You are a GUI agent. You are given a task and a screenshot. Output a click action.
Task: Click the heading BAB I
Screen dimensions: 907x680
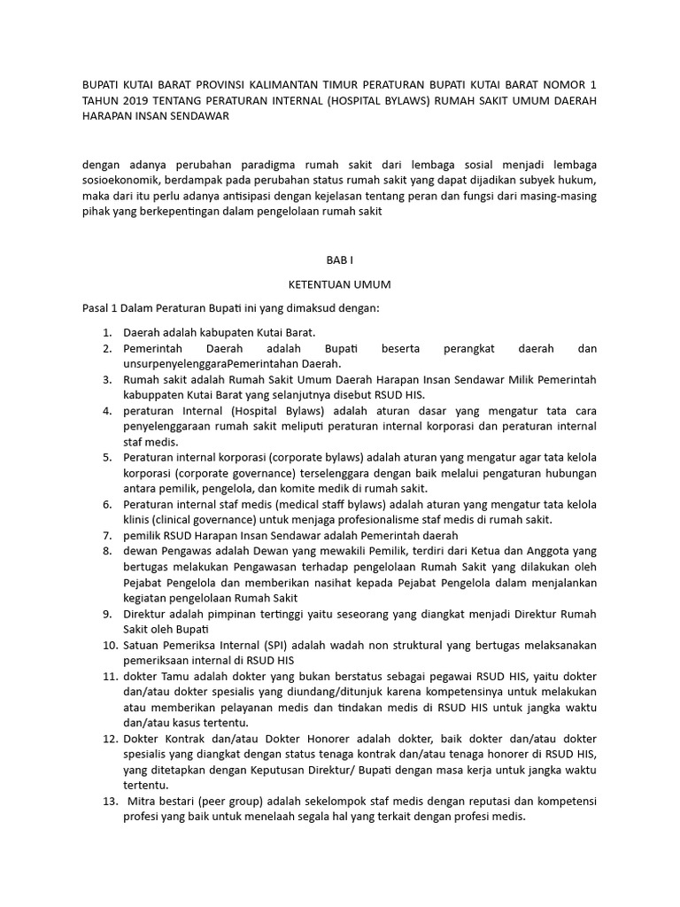click(x=340, y=261)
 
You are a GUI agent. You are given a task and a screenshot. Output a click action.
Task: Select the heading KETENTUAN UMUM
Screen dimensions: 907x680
click(x=340, y=285)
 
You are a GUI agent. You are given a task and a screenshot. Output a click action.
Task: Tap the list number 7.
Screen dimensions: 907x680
click(x=106, y=536)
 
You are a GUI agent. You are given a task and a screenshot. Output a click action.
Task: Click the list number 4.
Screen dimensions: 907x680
click(x=106, y=411)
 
